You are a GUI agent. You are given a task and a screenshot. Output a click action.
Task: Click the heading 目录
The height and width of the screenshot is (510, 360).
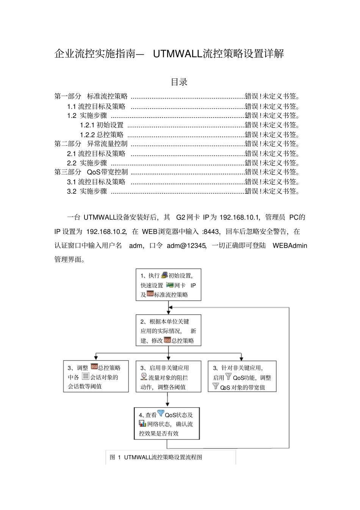point(179,82)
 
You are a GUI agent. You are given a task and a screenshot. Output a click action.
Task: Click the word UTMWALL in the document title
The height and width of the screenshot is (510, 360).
point(177,54)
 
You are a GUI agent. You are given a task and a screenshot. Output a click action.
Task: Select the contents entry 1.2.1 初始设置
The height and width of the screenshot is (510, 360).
point(102,125)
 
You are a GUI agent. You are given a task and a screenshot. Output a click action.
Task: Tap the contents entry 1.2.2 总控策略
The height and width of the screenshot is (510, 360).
point(102,135)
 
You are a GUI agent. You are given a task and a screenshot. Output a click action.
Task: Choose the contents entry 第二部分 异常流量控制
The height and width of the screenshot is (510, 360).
point(91,144)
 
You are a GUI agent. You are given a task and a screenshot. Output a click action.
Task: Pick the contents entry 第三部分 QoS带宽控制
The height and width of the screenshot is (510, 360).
point(91,172)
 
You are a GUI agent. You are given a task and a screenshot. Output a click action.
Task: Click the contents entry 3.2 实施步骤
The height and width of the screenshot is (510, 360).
point(87,191)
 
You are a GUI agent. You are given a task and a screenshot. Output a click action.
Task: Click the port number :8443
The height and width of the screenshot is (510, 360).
point(211,232)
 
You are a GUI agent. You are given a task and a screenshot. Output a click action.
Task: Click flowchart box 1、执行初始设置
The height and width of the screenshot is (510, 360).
point(168,285)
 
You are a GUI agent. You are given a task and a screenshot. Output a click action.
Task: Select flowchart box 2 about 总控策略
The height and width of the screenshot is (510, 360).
point(168,330)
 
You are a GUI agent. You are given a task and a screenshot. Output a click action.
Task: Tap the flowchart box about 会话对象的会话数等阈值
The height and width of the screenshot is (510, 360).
point(96,376)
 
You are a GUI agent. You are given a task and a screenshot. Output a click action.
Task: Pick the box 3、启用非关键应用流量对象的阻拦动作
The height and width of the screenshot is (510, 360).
point(168,377)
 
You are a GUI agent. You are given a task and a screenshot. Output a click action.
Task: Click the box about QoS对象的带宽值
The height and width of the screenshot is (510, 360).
point(242,377)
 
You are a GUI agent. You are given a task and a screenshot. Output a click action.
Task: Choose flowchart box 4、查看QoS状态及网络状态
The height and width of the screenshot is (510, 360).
point(167,424)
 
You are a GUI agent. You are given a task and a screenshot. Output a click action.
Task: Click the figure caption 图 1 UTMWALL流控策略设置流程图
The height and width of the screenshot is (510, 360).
point(156,457)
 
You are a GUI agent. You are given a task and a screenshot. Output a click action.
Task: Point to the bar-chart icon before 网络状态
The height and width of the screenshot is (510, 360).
point(142,424)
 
